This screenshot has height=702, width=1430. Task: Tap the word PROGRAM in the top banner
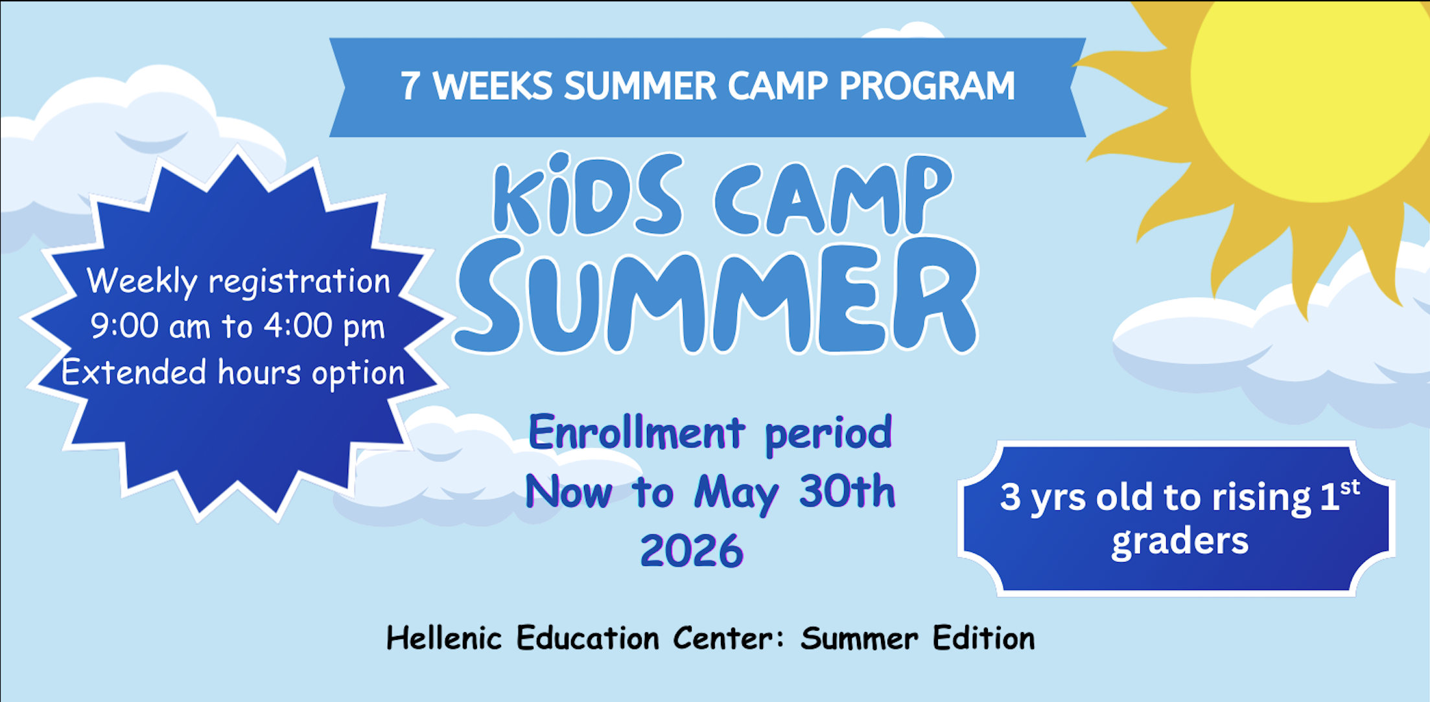point(927,86)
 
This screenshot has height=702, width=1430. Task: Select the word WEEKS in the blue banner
point(493,86)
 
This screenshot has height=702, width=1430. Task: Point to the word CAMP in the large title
point(834,195)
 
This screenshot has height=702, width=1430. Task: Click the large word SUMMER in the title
point(716,296)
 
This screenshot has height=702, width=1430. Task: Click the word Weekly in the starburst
point(142,282)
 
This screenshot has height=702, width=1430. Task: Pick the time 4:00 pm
point(324,327)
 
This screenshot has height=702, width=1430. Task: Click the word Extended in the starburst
point(134,372)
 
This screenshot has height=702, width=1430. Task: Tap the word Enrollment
point(637,433)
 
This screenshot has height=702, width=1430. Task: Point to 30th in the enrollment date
point(847,491)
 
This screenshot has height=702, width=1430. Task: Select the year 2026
point(692,551)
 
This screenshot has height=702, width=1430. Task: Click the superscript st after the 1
point(1350,487)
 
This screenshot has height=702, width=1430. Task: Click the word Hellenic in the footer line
point(444,638)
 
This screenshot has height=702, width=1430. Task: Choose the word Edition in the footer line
point(983,638)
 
